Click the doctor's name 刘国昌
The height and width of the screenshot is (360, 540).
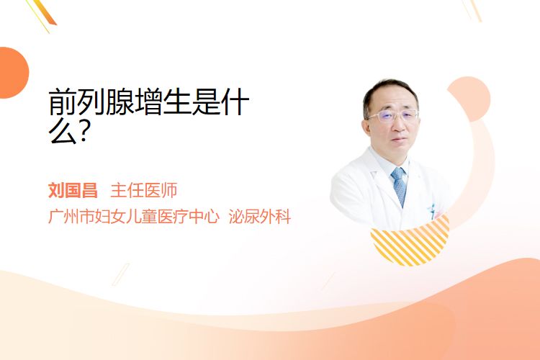73,190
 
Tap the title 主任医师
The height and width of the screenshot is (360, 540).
144,190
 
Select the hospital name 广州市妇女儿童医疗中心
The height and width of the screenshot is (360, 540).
134,216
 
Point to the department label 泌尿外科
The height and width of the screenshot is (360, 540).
260,216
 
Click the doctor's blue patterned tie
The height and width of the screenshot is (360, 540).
400,186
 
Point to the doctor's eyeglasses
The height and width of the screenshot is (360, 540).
393,115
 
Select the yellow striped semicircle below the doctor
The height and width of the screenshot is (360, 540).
410,241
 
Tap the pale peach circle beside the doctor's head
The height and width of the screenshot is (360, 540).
470,99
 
